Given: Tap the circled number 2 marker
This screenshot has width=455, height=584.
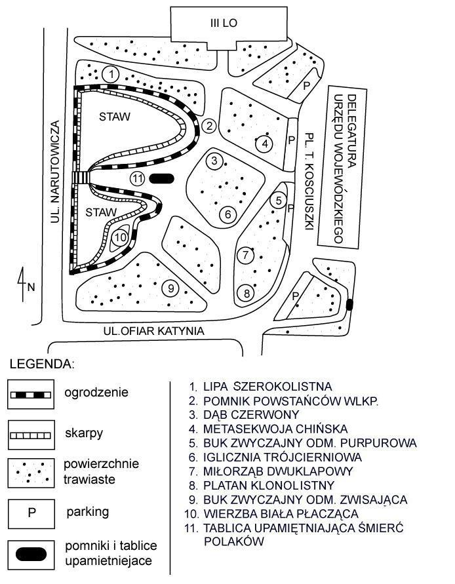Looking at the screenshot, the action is pos(209,126).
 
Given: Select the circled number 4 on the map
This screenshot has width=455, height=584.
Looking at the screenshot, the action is pos(265,144).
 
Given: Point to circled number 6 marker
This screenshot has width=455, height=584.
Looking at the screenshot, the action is pos(228,214).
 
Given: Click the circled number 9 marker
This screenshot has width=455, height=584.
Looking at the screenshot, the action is pos(170,288).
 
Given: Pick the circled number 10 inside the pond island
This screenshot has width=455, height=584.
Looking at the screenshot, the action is pos(120,237).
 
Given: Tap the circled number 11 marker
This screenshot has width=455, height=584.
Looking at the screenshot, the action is pos(138,179).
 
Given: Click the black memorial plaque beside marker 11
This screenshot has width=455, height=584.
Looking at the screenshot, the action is pos(161,179).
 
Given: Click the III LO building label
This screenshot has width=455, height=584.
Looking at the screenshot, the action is pos(224,23).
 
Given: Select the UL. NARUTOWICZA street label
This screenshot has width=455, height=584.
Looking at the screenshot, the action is pos(55,172).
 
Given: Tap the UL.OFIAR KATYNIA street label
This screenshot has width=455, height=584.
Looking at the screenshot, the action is pos(154,331).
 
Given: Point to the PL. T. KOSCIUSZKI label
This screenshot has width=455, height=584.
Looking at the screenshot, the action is pos(309,182).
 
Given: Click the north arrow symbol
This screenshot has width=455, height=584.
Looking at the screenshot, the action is pos(23,284).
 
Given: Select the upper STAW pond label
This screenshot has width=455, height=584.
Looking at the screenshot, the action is pos(114,117).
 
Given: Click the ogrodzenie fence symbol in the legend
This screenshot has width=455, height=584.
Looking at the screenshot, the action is pos(31,395).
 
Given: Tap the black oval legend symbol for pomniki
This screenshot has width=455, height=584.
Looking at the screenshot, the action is pos(31,555).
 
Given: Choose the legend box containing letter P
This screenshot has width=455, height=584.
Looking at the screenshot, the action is pos(31,514).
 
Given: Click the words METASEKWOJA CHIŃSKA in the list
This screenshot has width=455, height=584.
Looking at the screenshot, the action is pos(275,429).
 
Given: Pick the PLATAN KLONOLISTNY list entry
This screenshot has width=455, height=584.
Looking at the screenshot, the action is pos(269,485).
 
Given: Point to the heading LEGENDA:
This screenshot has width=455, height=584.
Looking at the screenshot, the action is pos(42,364).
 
